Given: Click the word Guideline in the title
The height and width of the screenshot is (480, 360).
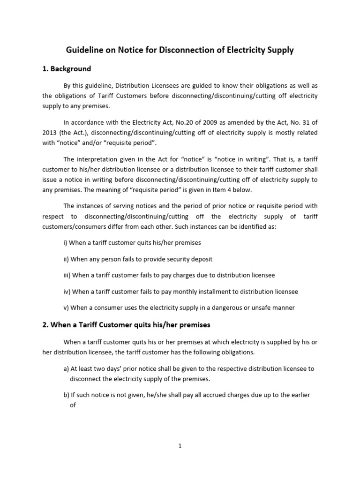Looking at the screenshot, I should tap(83, 50).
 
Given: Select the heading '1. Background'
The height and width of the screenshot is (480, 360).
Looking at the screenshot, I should tap(67, 69).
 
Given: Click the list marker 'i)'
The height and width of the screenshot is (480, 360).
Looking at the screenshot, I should tap(66, 243).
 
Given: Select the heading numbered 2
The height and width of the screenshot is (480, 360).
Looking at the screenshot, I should tap(127, 325).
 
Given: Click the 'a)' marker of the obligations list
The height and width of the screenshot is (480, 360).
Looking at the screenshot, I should tap(66, 369).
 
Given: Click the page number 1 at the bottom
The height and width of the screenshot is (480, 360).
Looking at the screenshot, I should tap(180, 446).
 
